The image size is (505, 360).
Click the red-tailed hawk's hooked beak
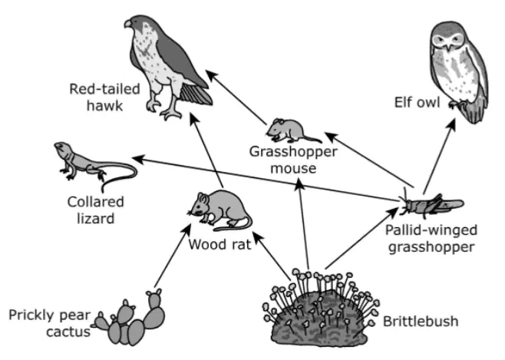click(128, 24)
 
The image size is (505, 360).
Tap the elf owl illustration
click(459, 71)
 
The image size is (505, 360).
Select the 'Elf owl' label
click(417, 102)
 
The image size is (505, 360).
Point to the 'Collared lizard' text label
click(96, 210)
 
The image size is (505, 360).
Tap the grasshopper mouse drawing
click(292, 130)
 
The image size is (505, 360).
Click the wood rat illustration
click(219, 210)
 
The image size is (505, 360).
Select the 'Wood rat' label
click(219, 244)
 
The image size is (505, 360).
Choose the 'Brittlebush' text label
click(421, 322)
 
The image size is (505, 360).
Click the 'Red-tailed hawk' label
click(104, 97)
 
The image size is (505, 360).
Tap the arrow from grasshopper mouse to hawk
click(236, 97)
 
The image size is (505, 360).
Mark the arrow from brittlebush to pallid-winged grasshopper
click(362, 238)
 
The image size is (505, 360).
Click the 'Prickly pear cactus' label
click(50, 323)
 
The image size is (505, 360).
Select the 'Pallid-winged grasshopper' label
click(431, 239)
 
